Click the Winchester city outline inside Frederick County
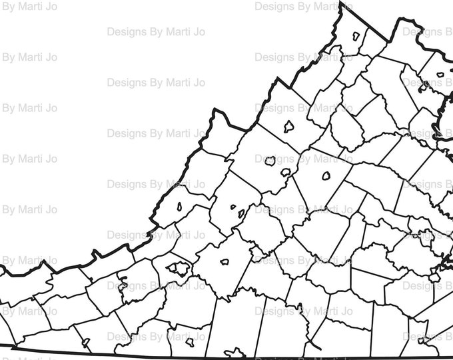tap(356, 35)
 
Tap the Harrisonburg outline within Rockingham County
tap(289, 126)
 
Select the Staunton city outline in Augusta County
tap(270, 161)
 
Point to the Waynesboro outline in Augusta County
tap(285, 173)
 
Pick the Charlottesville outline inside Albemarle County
tap(326, 176)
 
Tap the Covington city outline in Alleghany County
tap(179, 206)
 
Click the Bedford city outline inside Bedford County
tap(225, 262)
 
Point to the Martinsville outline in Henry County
tap(189, 341)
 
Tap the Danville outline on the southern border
tap(234, 352)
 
